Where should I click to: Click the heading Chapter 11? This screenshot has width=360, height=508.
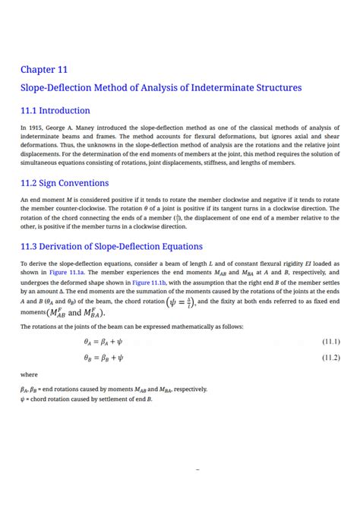point(44,70)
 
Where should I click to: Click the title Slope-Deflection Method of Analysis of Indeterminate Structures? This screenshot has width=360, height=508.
point(160,88)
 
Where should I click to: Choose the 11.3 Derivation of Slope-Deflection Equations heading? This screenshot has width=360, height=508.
point(112,246)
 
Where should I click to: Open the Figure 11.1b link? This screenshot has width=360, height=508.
point(150,281)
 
